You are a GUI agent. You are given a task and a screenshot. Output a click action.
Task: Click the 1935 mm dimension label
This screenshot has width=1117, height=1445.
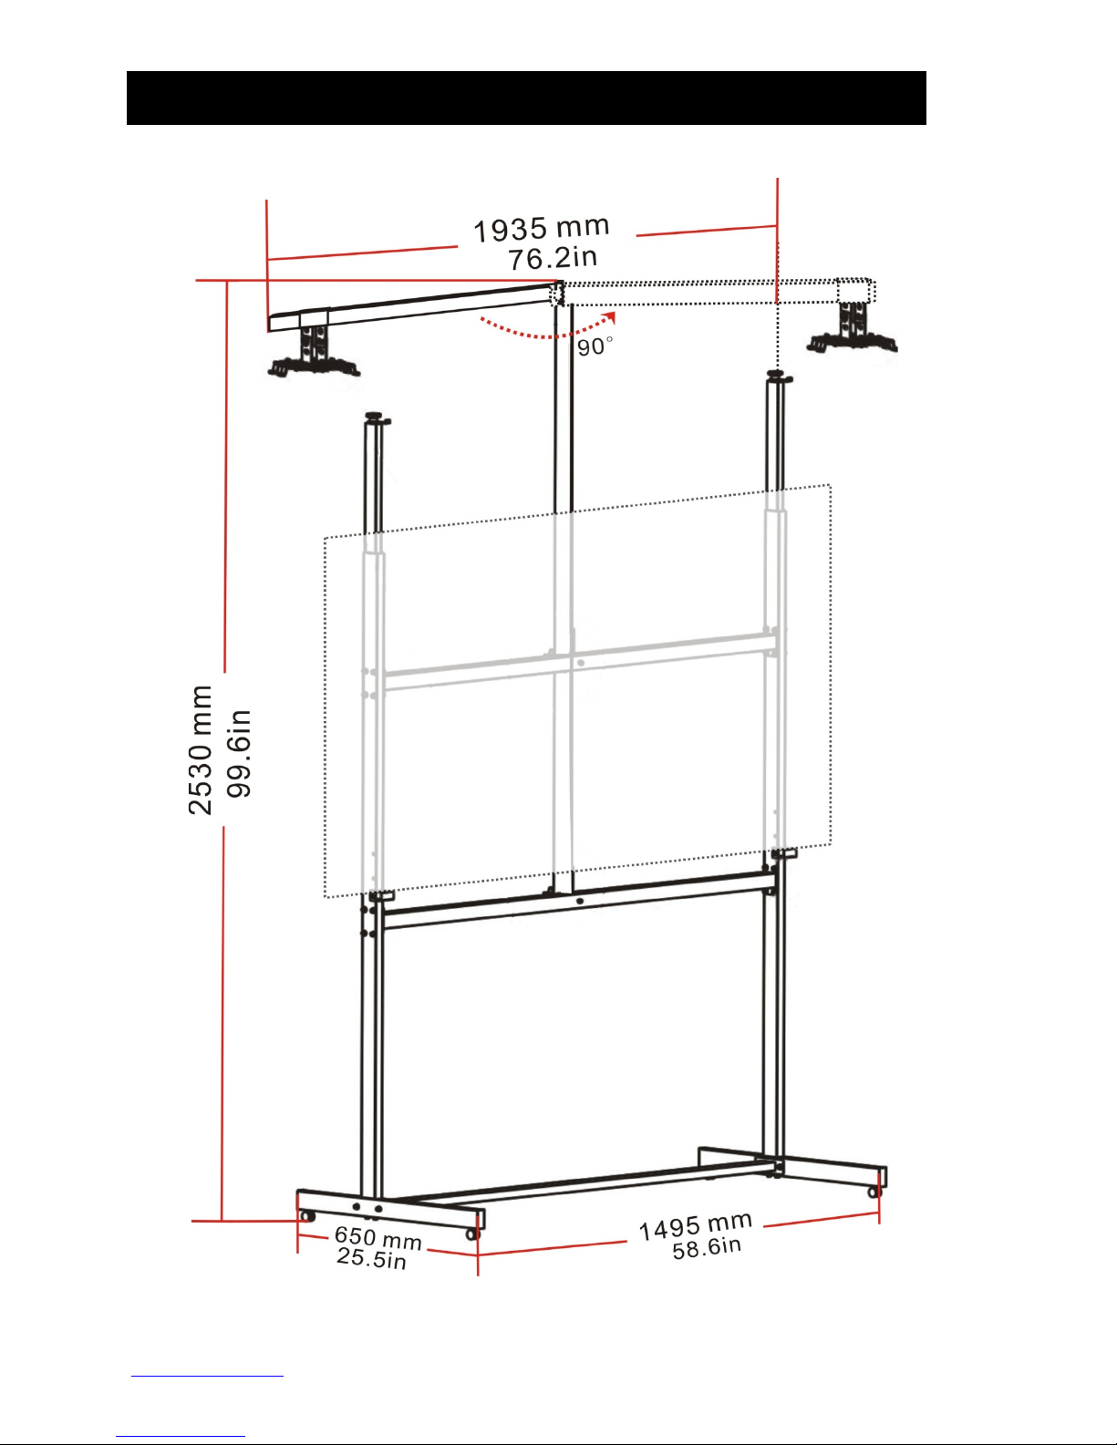(x=542, y=229)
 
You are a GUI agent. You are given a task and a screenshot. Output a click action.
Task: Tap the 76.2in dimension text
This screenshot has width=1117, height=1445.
(x=553, y=258)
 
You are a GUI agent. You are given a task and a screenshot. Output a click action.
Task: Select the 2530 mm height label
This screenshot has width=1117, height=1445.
(x=200, y=750)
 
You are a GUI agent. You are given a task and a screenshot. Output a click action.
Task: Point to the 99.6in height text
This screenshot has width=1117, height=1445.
(x=239, y=753)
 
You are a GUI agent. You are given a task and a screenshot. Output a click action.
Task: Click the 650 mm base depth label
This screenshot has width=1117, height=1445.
(x=378, y=1237)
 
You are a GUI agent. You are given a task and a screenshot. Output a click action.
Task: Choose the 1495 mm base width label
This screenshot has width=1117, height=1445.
(x=696, y=1226)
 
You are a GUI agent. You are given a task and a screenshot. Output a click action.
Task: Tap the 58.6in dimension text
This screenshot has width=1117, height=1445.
(x=707, y=1248)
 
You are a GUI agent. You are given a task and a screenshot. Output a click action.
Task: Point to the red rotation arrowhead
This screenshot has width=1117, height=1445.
(x=610, y=318)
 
